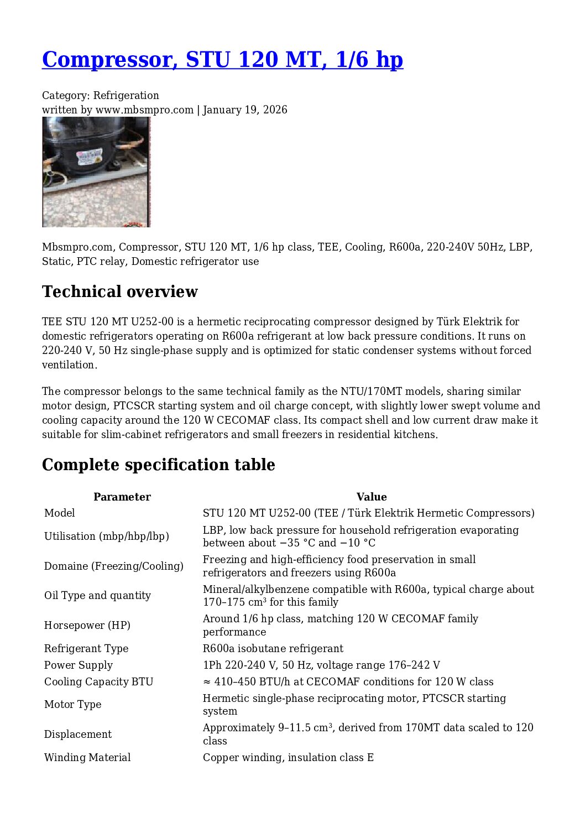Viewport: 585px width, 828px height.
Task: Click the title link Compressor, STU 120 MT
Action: pyautogui.click(x=222, y=60)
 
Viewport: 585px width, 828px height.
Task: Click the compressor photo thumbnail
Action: pyautogui.click(x=96, y=172)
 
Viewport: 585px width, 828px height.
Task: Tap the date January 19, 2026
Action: pyautogui.click(x=245, y=110)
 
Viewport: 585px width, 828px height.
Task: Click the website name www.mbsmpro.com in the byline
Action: pyautogui.click(x=144, y=110)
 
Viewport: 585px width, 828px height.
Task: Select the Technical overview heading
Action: pyautogui.click(x=119, y=291)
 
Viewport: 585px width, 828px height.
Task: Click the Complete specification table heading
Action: pyautogui.click(x=158, y=465)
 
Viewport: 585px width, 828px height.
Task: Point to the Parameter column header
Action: pyautogui.click(x=122, y=497)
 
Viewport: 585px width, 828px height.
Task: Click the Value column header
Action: pyautogui.click(x=371, y=497)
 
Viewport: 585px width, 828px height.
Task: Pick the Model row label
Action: pyautogui.click(x=59, y=513)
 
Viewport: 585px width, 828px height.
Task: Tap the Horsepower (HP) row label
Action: pyautogui.click(x=87, y=625)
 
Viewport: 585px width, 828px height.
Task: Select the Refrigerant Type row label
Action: pyautogui.click(x=86, y=648)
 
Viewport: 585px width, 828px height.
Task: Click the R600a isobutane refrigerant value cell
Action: pyautogui.click(x=273, y=648)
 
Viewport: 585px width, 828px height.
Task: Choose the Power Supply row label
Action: pyautogui.click(x=78, y=665)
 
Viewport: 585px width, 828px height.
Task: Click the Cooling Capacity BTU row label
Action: pyautogui.click(x=98, y=681)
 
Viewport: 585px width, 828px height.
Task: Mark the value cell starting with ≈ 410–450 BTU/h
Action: pyautogui.click(x=348, y=681)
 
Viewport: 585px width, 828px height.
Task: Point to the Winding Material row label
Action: pyautogui.click(x=87, y=757)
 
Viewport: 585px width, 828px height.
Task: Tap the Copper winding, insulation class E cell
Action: pyautogui.click(x=288, y=757)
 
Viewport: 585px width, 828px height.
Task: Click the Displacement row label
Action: pyautogui.click(x=77, y=734)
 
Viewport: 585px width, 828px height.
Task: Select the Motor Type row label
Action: pyautogui.click(x=72, y=704)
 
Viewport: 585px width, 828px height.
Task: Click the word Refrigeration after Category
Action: pyautogui.click(x=126, y=95)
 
